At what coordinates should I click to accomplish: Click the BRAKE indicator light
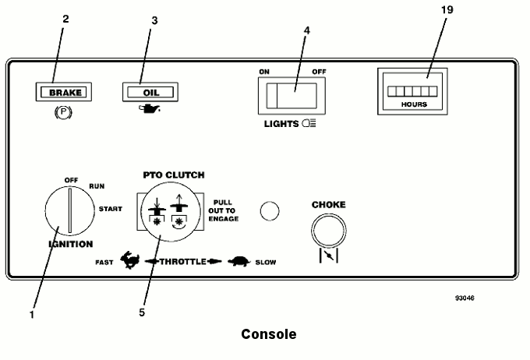point(66,92)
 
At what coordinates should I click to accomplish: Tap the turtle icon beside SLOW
point(238,263)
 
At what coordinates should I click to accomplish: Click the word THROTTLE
point(182,263)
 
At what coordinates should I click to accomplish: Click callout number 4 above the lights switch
point(306,32)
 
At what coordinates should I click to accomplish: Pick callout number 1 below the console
point(32,314)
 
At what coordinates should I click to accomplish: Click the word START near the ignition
point(109,209)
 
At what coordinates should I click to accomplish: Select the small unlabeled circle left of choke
point(269,211)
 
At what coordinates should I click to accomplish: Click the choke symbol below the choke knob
point(327,254)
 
